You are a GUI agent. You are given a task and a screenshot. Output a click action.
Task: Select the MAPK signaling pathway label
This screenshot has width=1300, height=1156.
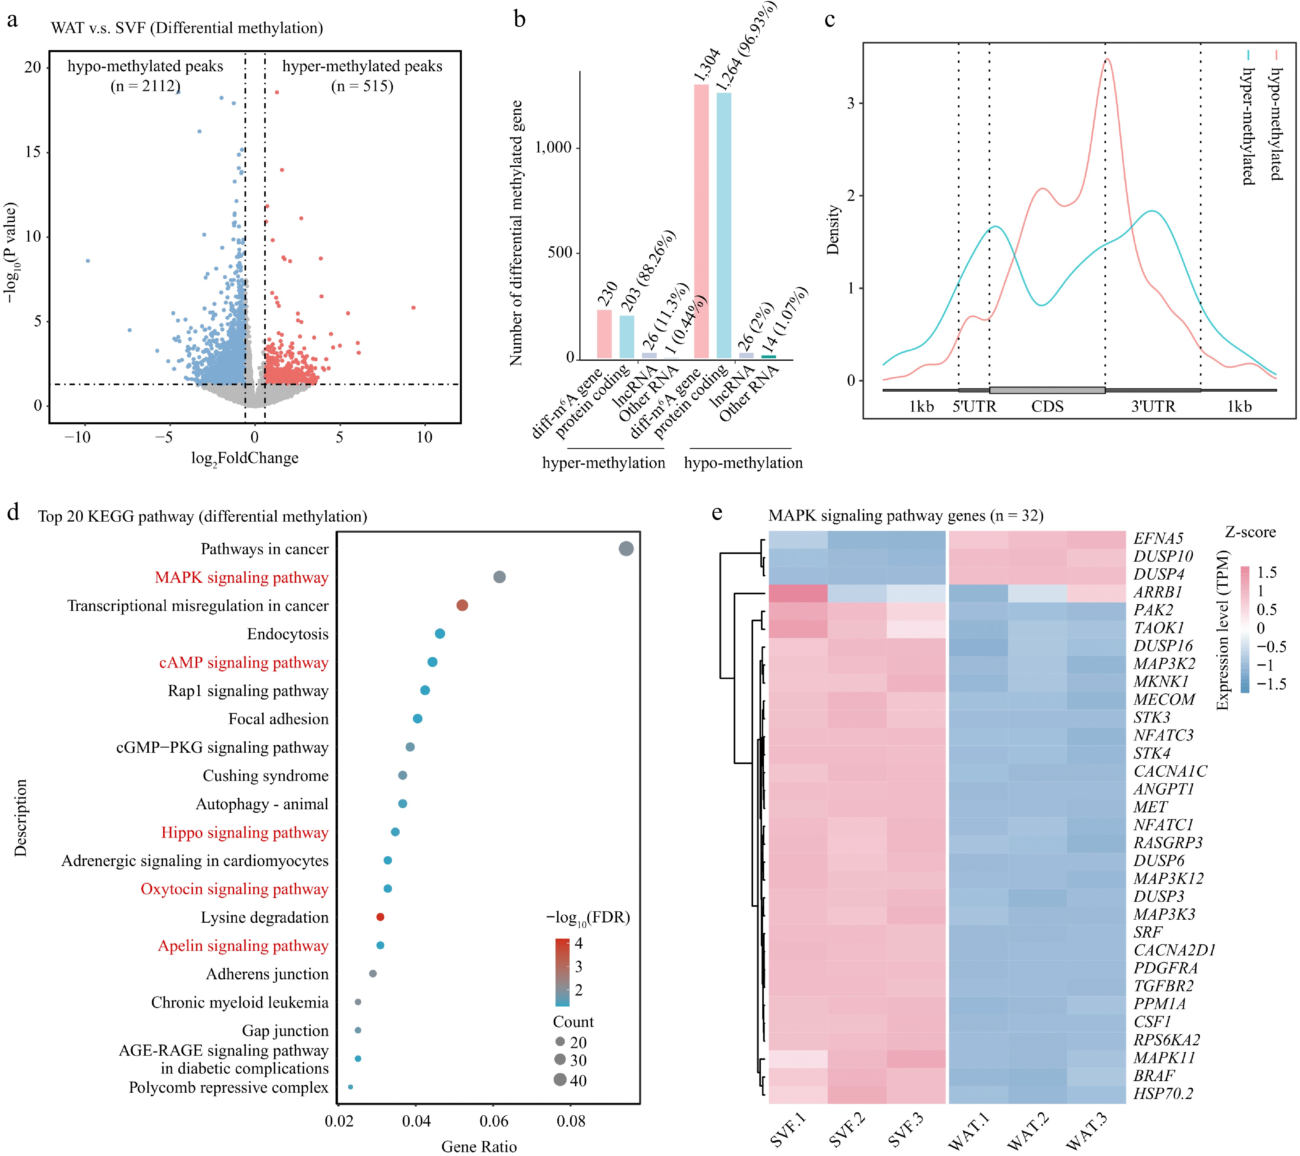(x=242, y=577)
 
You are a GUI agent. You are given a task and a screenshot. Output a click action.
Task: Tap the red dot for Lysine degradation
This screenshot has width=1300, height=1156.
(x=380, y=917)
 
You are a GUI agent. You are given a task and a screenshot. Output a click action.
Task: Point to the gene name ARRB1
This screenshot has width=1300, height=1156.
(x=1158, y=592)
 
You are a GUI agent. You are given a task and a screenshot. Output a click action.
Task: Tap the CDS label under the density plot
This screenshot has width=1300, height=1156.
(x=1047, y=406)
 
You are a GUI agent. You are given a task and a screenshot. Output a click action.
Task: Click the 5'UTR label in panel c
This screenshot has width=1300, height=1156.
(x=974, y=406)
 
